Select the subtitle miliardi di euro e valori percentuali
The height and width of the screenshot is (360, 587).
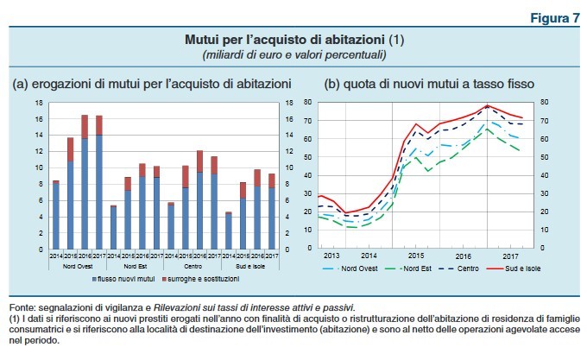293,54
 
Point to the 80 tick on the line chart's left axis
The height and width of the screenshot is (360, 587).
307,103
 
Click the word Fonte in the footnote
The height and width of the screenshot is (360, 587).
23,307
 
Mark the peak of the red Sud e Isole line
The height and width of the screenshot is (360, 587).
488,106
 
